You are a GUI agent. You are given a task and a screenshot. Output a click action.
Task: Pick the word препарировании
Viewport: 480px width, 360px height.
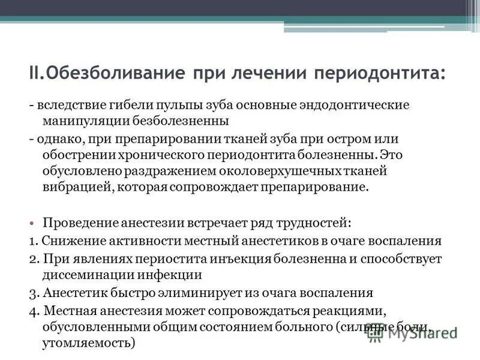point(163,139)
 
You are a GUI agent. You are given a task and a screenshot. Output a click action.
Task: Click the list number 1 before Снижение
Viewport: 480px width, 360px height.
point(32,241)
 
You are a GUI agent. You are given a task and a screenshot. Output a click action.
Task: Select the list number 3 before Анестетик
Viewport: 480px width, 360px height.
point(32,293)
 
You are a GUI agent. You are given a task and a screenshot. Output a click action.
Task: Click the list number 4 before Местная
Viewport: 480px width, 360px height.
point(32,311)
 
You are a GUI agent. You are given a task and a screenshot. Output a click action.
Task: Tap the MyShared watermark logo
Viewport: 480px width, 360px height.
point(414,334)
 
